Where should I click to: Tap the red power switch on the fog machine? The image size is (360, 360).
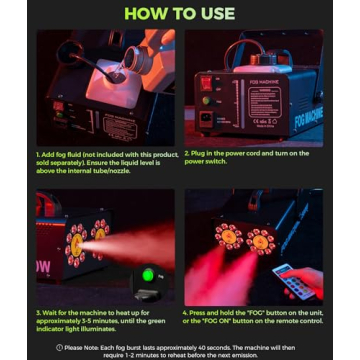(x=207, y=84)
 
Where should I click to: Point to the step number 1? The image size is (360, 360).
(x=38, y=154)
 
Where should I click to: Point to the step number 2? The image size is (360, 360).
(x=187, y=154)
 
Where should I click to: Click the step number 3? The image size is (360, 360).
(x=38, y=313)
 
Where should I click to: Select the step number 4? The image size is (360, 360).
(x=187, y=313)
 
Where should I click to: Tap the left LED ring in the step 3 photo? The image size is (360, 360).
(x=77, y=245)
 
